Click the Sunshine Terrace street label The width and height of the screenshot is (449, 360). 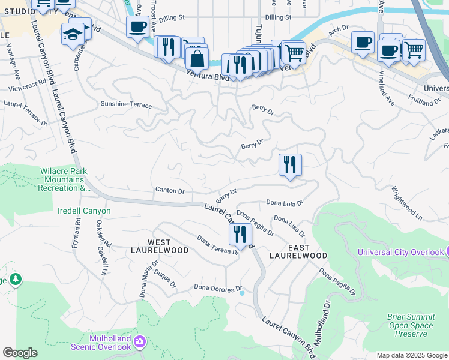126,105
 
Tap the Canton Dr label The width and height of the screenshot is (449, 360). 170,191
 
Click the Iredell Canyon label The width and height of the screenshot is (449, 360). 84,211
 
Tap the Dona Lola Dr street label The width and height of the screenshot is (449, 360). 285,203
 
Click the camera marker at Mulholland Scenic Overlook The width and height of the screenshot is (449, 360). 140,341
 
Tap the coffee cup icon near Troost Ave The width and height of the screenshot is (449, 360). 137,26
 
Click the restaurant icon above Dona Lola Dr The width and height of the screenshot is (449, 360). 290,164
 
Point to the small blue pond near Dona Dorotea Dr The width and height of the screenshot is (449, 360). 241,293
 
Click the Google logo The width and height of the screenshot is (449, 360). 20,353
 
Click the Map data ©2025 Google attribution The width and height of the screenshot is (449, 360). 411,355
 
